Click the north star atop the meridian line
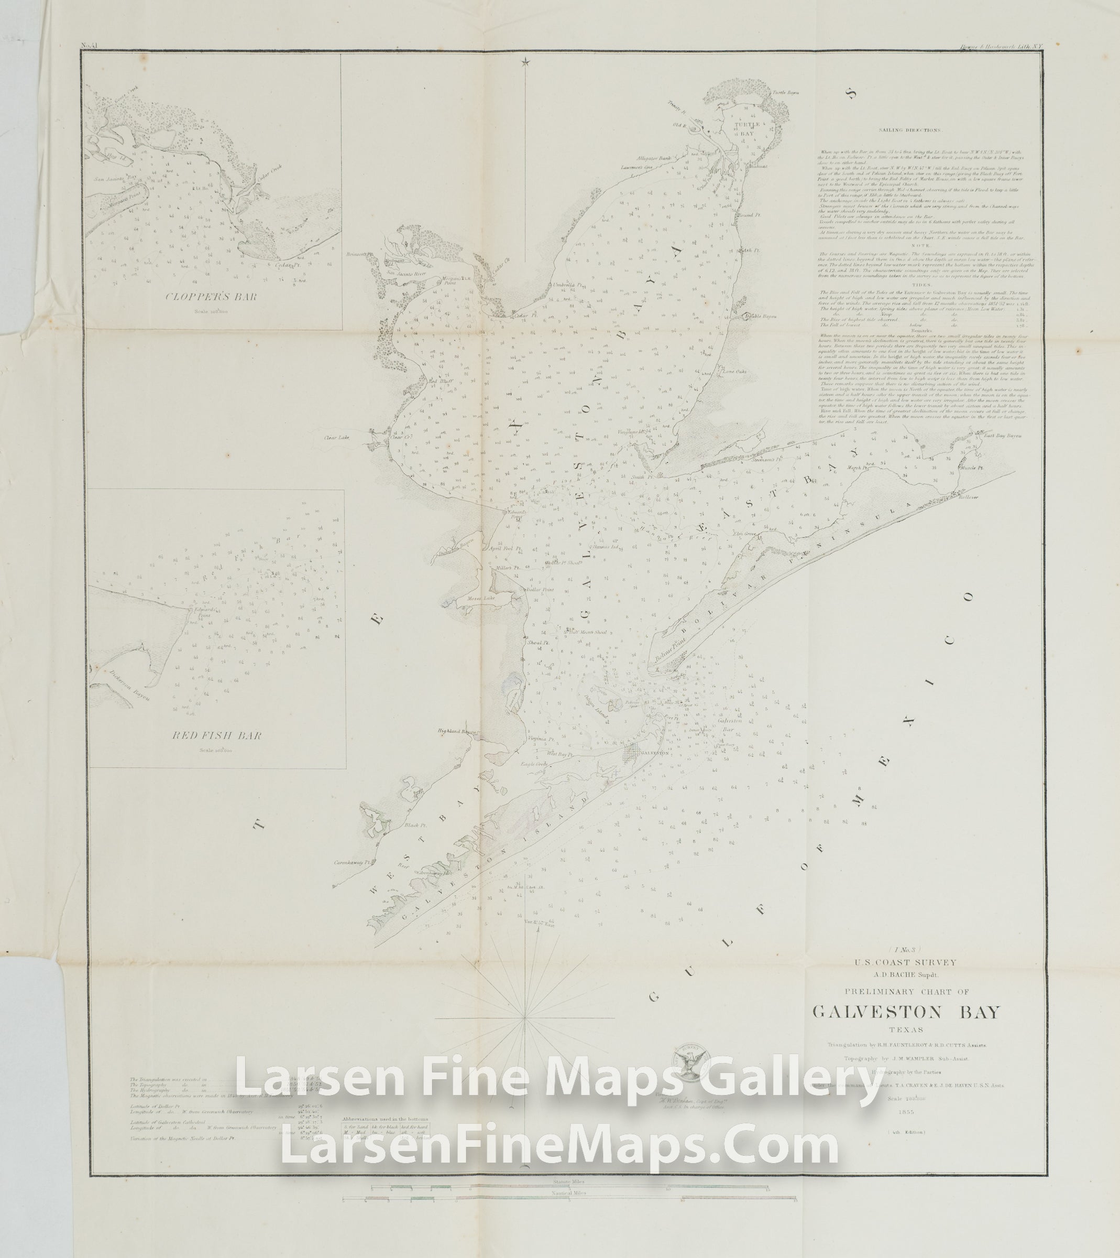tap(525, 61)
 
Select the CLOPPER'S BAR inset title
tap(211, 297)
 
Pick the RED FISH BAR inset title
tap(217, 736)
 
